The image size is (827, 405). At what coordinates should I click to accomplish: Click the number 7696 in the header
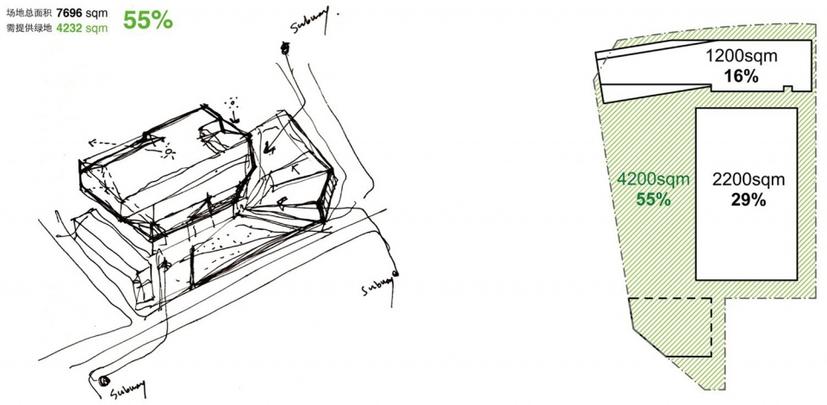pyautogui.click(x=69, y=15)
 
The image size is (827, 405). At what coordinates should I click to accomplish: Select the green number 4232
pyautogui.click(x=69, y=28)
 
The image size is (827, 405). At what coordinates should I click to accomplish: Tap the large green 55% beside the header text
pyautogui.click(x=147, y=21)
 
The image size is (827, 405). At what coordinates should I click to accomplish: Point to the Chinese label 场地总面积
pyautogui.click(x=27, y=15)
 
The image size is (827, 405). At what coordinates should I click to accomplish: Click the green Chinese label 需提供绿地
pyautogui.click(x=27, y=28)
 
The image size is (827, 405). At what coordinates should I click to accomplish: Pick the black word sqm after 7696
pyautogui.click(x=96, y=15)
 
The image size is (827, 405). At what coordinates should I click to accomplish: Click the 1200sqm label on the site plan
pyautogui.click(x=742, y=56)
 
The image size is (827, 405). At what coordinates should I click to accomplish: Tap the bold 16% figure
pyautogui.click(x=741, y=76)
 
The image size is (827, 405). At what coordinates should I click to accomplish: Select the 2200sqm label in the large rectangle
pyautogui.click(x=749, y=180)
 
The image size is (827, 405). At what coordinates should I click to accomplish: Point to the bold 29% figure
pyautogui.click(x=749, y=200)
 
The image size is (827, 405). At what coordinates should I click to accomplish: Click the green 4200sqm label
pyautogui.click(x=654, y=179)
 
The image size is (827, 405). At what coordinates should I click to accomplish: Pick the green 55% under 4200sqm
pyautogui.click(x=654, y=199)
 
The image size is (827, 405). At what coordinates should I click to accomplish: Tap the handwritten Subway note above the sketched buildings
pyautogui.click(x=311, y=20)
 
